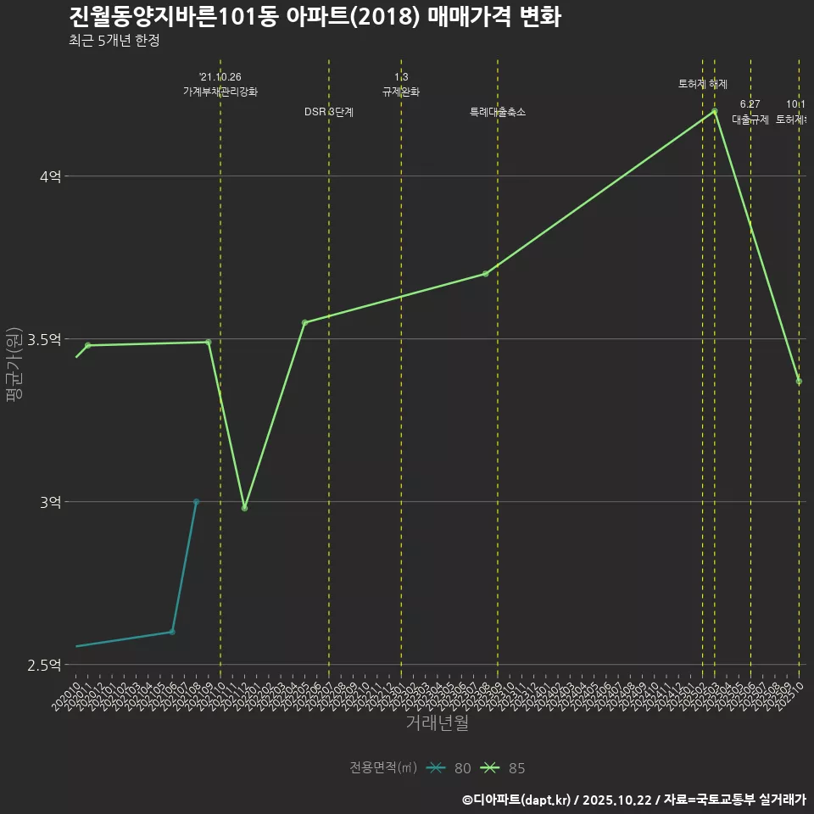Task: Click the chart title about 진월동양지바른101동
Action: click(x=315, y=17)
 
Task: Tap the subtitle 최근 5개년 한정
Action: click(x=114, y=40)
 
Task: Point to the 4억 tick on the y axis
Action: click(x=50, y=176)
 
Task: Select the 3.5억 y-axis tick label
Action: click(x=44, y=339)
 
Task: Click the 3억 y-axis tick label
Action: click(x=50, y=502)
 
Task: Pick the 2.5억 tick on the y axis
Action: click(x=44, y=665)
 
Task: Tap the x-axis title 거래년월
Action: click(x=437, y=723)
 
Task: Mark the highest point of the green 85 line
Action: click(x=715, y=111)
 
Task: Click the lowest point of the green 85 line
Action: click(x=244, y=508)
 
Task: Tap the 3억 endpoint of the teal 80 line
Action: click(x=196, y=502)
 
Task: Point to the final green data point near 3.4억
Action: click(x=799, y=382)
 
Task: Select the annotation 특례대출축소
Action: click(x=498, y=112)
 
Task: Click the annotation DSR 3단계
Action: click(x=329, y=112)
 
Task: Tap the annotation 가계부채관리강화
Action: click(x=220, y=92)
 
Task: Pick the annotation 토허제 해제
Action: click(x=703, y=84)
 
